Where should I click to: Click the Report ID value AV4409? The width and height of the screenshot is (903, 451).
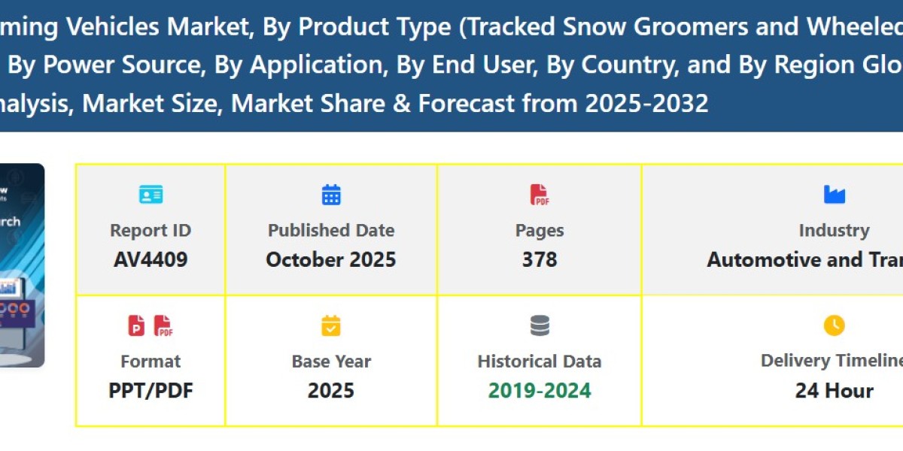(150, 260)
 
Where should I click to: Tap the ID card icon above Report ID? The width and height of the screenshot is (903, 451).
(150, 195)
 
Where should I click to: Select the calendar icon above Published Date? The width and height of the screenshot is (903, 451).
(331, 195)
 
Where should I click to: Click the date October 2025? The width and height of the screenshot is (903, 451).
(331, 260)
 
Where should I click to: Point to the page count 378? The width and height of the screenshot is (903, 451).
(540, 260)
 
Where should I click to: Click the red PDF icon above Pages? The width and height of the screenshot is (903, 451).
(540, 195)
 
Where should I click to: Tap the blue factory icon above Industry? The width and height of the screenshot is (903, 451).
(834, 195)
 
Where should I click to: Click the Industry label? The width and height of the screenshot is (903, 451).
(834, 231)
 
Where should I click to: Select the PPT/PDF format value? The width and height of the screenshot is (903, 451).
(150, 391)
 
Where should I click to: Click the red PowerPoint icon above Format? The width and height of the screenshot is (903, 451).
(137, 325)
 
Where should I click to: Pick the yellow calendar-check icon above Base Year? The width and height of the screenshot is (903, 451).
(331, 325)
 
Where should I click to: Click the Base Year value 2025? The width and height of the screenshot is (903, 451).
(331, 391)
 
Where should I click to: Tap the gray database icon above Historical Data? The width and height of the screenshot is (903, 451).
(540, 325)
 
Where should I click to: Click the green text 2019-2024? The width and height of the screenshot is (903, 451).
(540, 391)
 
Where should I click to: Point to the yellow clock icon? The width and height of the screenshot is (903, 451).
(834, 325)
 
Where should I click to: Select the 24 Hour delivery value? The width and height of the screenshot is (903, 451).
(834, 391)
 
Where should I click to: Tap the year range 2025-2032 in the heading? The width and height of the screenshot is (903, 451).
(646, 103)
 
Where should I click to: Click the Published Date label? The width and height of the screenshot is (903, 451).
(331, 231)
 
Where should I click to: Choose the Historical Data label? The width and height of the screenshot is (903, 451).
(540, 362)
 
